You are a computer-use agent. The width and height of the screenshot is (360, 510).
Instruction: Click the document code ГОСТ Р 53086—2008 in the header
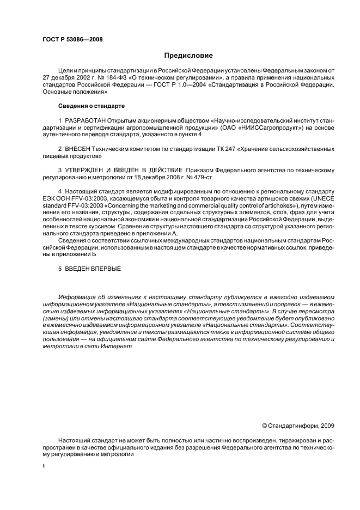[72, 40]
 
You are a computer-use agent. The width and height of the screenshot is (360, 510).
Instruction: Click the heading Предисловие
[188, 56]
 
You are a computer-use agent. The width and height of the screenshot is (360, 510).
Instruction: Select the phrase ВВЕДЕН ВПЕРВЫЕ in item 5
[93, 269]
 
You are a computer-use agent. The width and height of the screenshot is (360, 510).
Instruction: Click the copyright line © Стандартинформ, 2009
[298, 426]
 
